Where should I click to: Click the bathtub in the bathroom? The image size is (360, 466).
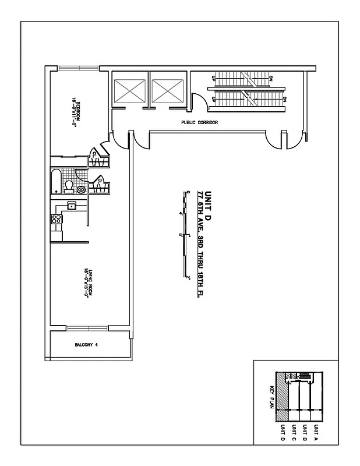(56, 181)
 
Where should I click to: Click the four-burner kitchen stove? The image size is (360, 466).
(57, 220)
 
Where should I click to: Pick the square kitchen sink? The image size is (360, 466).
(72, 205)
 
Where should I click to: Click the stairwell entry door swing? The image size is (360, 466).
(197, 104)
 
